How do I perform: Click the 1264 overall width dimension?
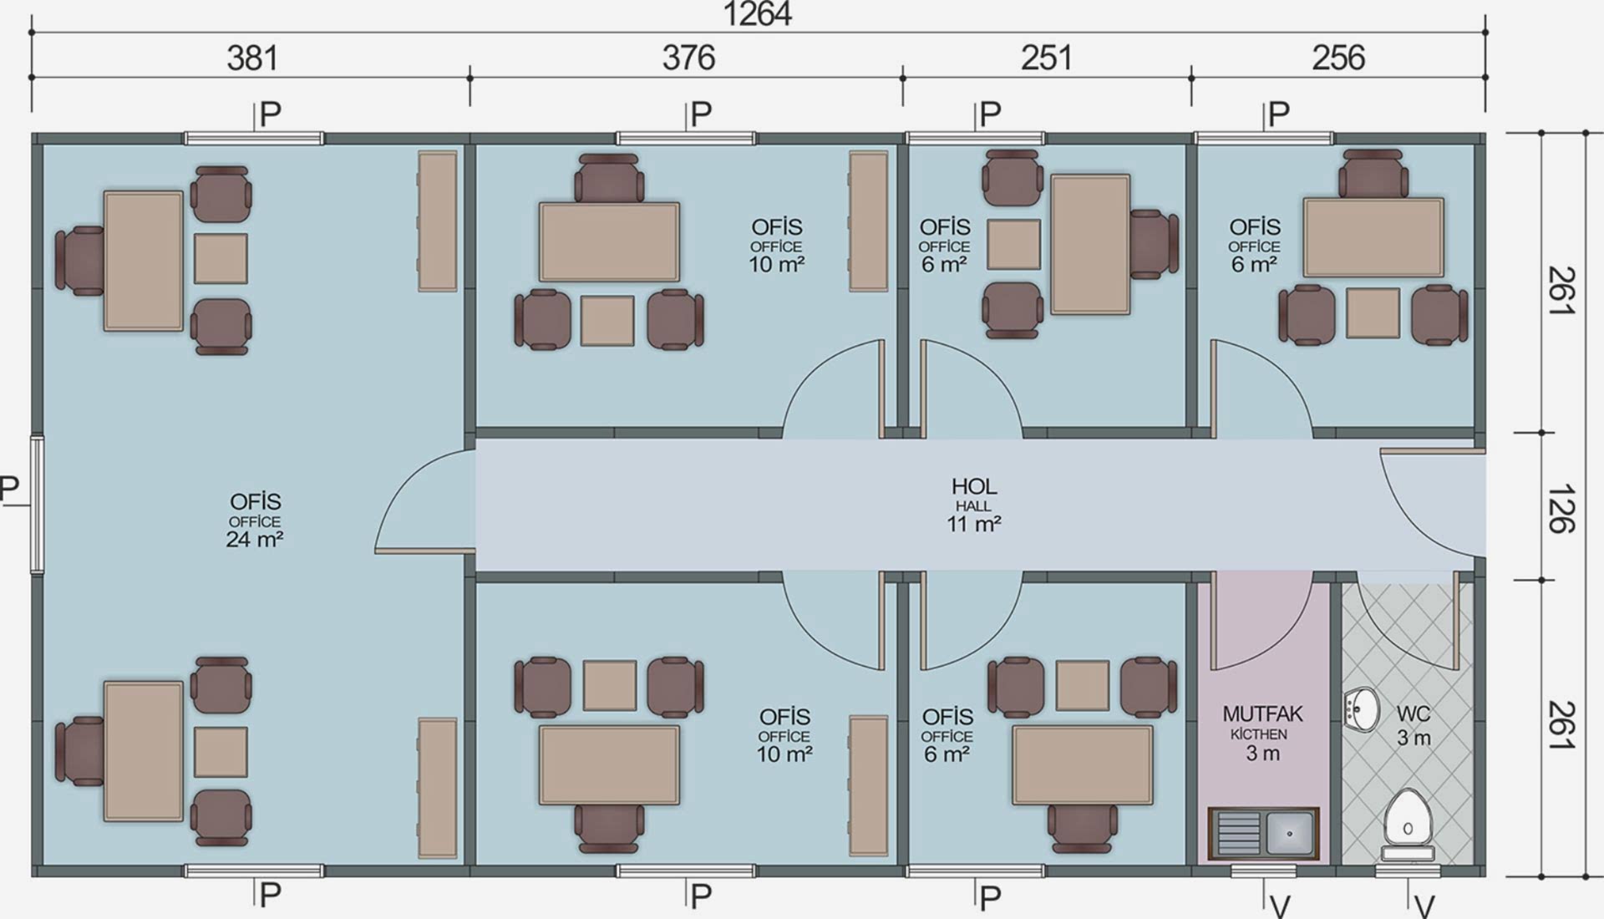757,14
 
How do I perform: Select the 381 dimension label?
252,58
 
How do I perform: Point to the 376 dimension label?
688,58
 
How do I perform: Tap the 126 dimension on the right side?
1560,508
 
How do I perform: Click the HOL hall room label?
974,486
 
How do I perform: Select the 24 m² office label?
254,540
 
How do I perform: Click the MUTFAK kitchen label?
1262,714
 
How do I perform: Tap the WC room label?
1414,714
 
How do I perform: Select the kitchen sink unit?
1263,833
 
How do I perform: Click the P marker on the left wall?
9,488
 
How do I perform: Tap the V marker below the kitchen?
1280,906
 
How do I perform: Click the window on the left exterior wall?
37,505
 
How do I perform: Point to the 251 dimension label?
1046,58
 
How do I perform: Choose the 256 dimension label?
1338,58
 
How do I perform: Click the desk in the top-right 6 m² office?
1373,237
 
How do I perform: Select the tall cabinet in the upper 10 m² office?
869,221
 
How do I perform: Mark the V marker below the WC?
1425,906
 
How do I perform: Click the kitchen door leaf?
1213,620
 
